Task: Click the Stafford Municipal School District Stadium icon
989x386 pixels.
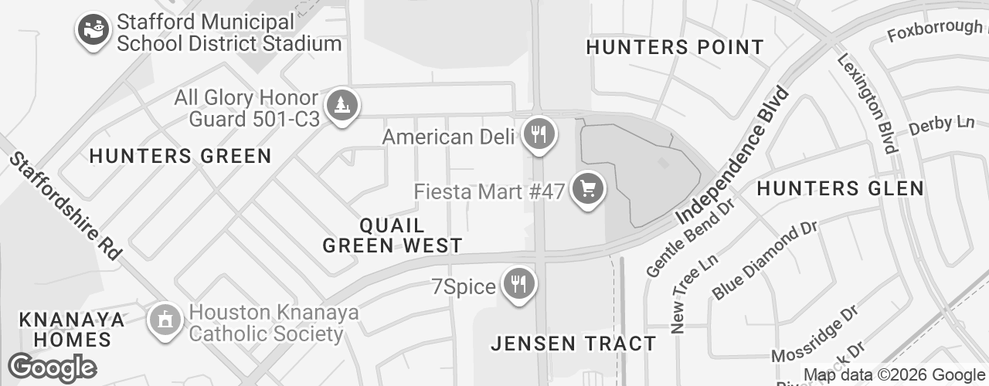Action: tap(93, 30)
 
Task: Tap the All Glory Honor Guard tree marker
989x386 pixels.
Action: tap(341, 106)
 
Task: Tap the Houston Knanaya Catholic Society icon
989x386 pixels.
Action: tap(164, 321)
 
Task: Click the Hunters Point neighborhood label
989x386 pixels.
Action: tap(675, 47)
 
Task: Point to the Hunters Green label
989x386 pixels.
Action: tap(181, 156)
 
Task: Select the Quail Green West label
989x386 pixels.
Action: tap(393, 235)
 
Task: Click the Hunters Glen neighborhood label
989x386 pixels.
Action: tap(840, 188)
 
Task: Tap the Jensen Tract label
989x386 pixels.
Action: tap(574, 344)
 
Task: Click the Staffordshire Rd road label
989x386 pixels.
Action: tap(65, 205)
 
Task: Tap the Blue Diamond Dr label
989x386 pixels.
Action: tap(764, 261)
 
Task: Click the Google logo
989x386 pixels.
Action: tap(53, 367)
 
